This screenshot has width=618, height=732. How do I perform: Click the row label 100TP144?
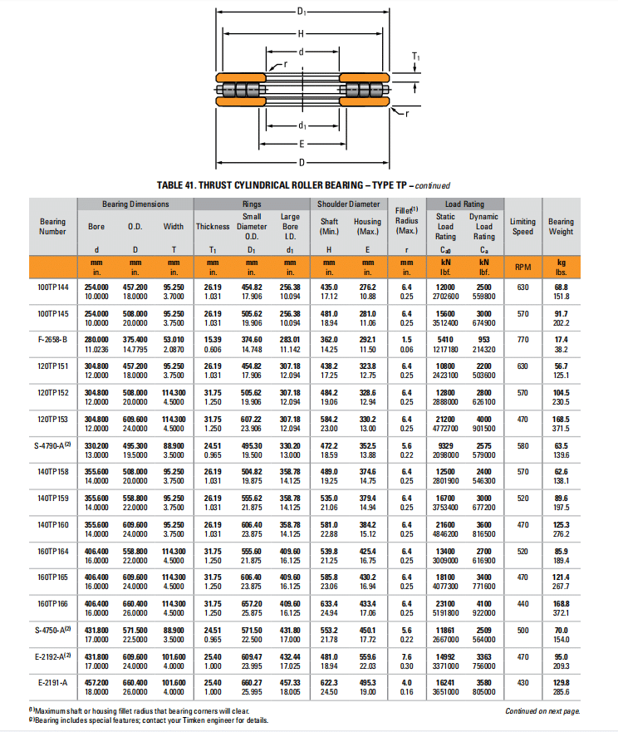click(x=52, y=286)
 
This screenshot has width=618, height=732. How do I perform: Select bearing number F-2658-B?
click(x=52, y=340)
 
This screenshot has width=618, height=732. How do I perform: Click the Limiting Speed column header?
click(x=522, y=226)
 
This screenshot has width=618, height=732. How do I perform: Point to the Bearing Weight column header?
click(x=561, y=226)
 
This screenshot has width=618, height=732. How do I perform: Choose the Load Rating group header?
click(x=464, y=204)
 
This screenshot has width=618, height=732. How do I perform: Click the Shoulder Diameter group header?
click(x=349, y=204)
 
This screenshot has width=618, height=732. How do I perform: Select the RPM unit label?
click(x=522, y=267)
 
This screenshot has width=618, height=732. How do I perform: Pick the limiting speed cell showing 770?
click(x=522, y=340)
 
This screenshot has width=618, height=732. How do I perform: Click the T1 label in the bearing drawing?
click(x=416, y=56)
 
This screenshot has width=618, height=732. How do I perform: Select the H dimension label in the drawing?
click(x=301, y=32)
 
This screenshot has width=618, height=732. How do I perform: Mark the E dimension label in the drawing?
click(x=301, y=143)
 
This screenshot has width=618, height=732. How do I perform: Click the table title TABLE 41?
click(x=303, y=185)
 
